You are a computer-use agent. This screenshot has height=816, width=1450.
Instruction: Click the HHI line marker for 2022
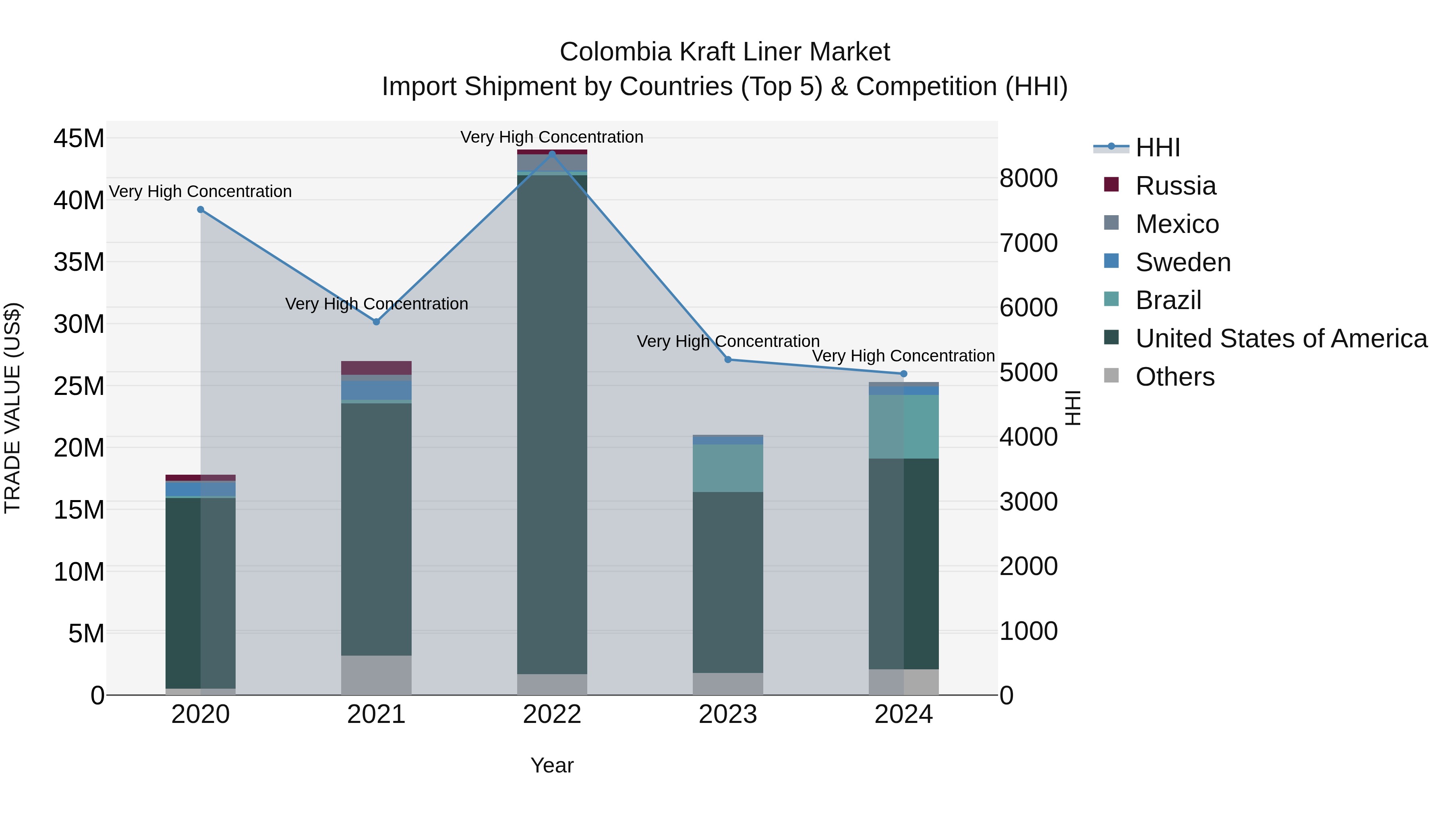pyautogui.click(x=552, y=153)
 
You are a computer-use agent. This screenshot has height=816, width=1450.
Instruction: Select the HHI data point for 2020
pyautogui.click(x=201, y=210)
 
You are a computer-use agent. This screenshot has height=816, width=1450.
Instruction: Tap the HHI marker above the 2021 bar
pyautogui.click(x=377, y=322)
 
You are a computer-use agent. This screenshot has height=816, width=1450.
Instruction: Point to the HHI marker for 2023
pyautogui.click(x=728, y=359)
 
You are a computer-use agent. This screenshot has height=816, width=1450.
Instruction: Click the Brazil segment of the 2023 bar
pyautogui.click(x=728, y=467)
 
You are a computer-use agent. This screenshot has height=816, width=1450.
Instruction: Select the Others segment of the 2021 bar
pyautogui.click(x=376, y=675)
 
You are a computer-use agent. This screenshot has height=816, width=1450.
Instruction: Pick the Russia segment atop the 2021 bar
pyautogui.click(x=376, y=367)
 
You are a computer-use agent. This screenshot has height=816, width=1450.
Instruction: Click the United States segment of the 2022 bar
pyautogui.click(x=552, y=422)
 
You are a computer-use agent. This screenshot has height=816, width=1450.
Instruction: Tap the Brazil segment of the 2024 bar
pyautogui.click(x=903, y=426)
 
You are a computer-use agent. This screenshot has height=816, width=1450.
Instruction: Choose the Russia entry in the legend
pyautogui.click(x=1175, y=186)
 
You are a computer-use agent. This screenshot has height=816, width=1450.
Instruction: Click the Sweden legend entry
pyautogui.click(x=1183, y=262)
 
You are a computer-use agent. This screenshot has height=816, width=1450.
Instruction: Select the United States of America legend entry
pyautogui.click(x=1280, y=338)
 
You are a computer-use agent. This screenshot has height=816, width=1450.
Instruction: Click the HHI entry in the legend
pyautogui.click(x=1157, y=147)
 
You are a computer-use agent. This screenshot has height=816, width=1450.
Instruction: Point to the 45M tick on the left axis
pyautogui.click(x=79, y=138)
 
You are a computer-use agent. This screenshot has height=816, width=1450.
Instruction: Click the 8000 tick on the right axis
pyautogui.click(x=1028, y=178)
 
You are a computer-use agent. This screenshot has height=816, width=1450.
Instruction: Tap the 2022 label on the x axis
pyautogui.click(x=552, y=714)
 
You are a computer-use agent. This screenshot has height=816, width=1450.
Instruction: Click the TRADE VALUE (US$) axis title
pyautogui.click(x=12, y=408)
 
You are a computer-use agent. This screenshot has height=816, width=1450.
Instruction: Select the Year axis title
pyautogui.click(x=552, y=765)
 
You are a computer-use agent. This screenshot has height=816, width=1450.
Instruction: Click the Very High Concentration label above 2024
pyautogui.click(x=903, y=356)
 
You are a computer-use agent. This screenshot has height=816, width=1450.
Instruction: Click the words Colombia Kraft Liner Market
pyautogui.click(x=725, y=52)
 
